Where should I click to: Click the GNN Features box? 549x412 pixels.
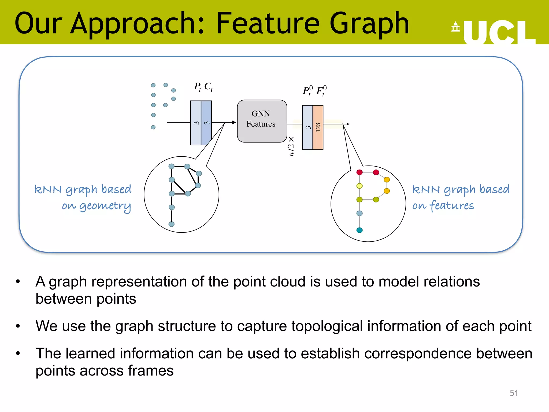pyautogui.click(x=262, y=121)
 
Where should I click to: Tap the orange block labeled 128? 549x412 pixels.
pyautogui.click(x=318, y=127)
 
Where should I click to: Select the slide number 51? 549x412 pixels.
pyautogui.click(x=514, y=393)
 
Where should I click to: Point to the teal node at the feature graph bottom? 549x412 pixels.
pyautogui.click(x=359, y=230)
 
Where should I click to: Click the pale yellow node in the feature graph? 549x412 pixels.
pyautogui.click(x=359, y=186)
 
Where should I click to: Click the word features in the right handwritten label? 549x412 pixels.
pyautogui.click(x=452, y=206)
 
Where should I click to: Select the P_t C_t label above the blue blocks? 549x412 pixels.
pyautogui.click(x=203, y=87)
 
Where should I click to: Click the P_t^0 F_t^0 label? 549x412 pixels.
pyautogui.click(x=315, y=91)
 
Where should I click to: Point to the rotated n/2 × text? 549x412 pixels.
pyautogui.click(x=291, y=146)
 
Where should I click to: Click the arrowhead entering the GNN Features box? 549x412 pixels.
pyautogui.click(x=234, y=122)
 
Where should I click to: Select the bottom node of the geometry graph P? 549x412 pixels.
pyautogui.click(x=172, y=224)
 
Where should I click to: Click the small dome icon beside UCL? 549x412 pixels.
pyautogui.click(x=455, y=27)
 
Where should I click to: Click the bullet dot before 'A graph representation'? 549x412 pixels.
pyautogui.click(x=18, y=282)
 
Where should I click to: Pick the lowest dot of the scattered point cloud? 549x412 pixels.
pyautogui.click(x=153, y=127)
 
